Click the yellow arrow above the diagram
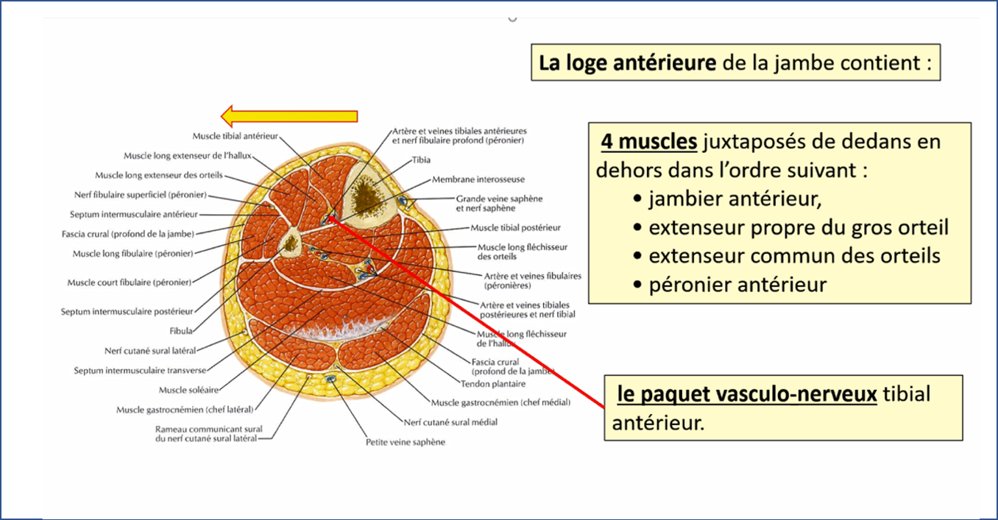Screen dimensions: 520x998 click(289, 116)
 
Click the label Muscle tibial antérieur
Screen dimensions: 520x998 click(235, 136)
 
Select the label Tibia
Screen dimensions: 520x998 click(422, 160)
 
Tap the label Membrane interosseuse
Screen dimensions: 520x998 click(478, 179)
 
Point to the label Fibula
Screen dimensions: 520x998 click(181, 331)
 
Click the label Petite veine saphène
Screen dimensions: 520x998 click(406, 442)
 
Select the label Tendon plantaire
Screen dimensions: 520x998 click(493, 384)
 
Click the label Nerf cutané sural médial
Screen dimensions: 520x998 click(450, 422)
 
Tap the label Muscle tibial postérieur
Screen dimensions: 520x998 click(516, 228)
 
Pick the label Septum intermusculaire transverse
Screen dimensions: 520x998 click(140, 371)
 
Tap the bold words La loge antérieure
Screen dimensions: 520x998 click(627, 63)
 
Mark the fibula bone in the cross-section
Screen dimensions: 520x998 click(290, 240)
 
